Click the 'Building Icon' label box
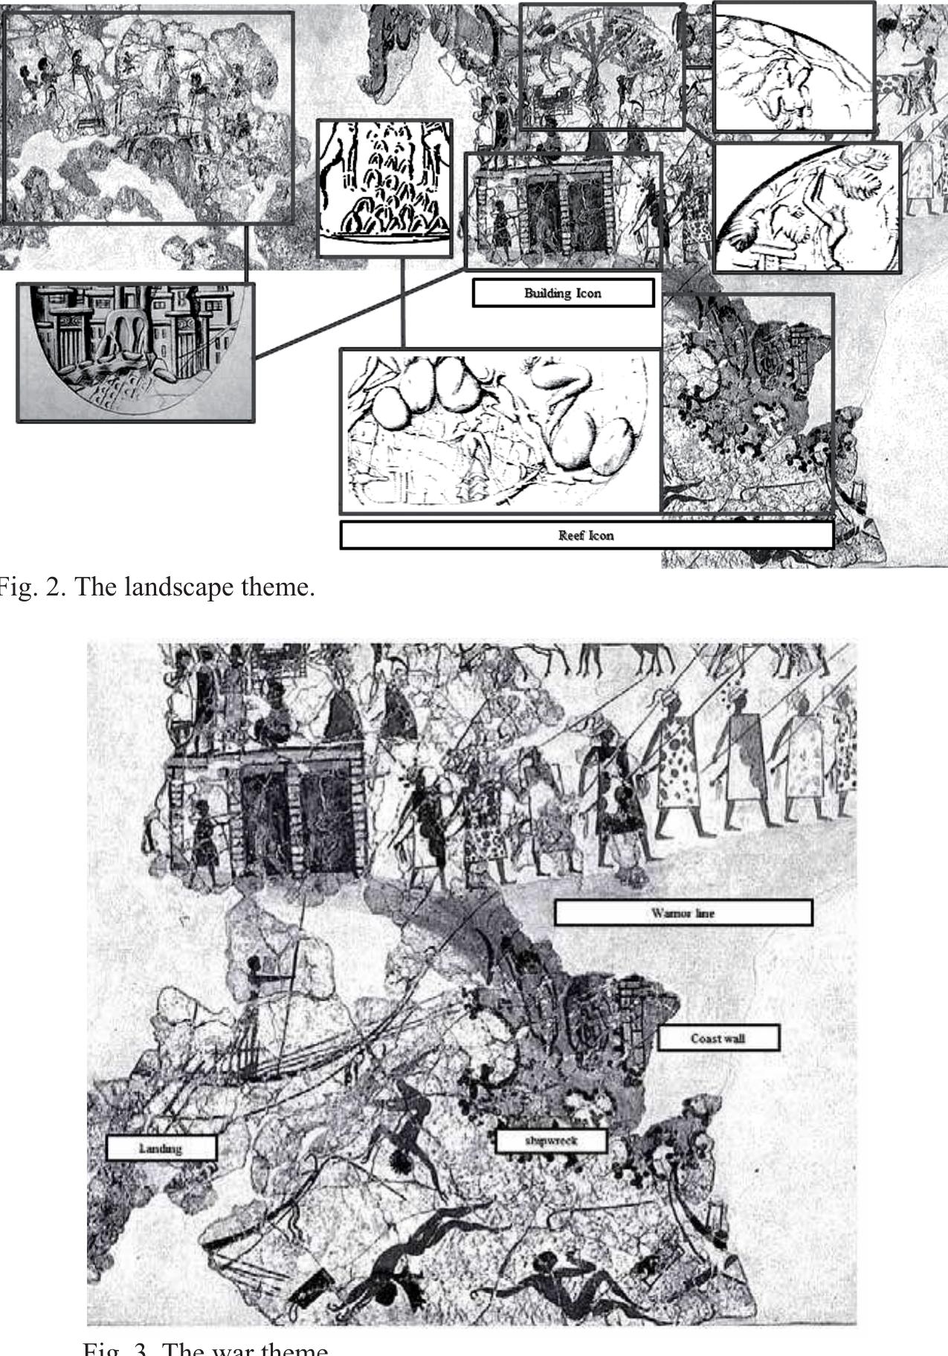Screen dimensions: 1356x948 (563, 293)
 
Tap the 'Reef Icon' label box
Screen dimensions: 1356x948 (586, 535)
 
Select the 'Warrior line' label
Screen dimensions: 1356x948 (683, 913)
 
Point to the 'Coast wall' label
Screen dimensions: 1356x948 (718, 1039)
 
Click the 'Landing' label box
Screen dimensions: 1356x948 (161, 1149)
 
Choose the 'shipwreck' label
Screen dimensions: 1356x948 (551, 1140)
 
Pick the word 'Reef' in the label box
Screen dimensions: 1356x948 (571, 535)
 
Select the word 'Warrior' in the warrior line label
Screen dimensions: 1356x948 (667, 913)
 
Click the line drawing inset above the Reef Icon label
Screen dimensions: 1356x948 (500, 431)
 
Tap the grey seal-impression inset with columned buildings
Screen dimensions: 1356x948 (135, 352)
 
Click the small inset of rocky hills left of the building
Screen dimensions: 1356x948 (384, 188)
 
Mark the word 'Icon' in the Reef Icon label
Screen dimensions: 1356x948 (601, 535)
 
